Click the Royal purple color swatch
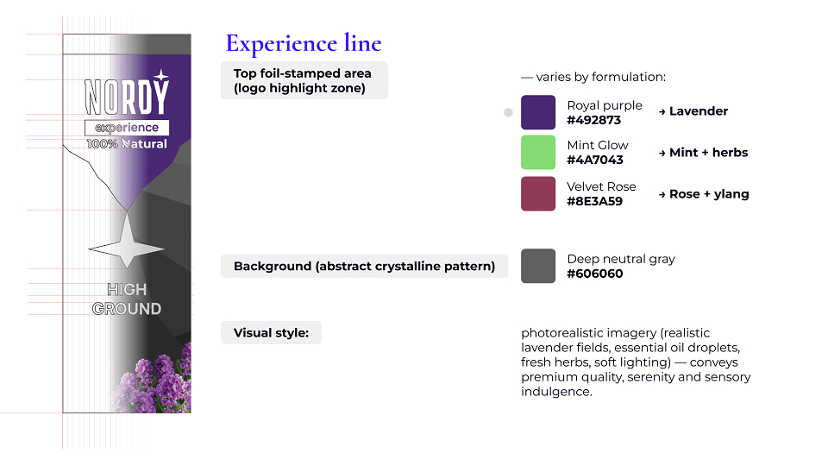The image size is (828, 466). tap(538, 112)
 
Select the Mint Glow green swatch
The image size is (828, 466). tap(538, 152)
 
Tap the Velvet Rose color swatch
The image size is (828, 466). tap(538, 193)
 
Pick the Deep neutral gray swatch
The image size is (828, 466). tap(538, 266)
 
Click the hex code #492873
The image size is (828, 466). tap(594, 121)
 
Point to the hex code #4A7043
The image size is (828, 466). tap(595, 161)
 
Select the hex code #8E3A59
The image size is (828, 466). tap(594, 201)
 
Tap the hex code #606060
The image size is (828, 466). tap(595, 274)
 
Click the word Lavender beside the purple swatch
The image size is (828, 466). tap(699, 111)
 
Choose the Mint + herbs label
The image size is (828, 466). tap(709, 152)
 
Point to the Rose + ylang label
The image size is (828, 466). tap(709, 194)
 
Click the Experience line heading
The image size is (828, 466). tap(304, 43)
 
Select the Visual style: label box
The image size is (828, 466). tap(271, 333)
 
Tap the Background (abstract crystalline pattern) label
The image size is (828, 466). tap(364, 267)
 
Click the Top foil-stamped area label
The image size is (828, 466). tap(304, 80)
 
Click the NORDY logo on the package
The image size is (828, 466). tap(127, 93)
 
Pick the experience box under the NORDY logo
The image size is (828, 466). tap(127, 128)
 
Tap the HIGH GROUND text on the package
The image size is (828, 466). tap(127, 299)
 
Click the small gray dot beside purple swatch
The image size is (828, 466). tap(509, 112)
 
